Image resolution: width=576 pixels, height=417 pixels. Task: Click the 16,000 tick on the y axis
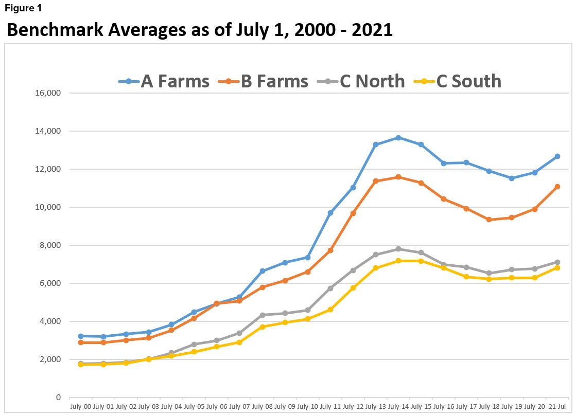click(x=47, y=93)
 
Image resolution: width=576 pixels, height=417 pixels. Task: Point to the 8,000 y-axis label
click(x=49, y=245)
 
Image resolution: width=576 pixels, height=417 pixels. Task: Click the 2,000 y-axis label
click(x=49, y=359)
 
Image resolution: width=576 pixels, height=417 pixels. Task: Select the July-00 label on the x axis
click(x=80, y=407)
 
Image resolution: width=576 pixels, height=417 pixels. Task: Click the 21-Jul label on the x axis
click(x=557, y=407)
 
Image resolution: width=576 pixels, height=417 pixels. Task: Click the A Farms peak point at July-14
click(x=398, y=138)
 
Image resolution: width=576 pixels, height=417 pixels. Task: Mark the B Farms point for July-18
click(x=488, y=220)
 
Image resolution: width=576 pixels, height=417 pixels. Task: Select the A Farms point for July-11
click(x=330, y=213)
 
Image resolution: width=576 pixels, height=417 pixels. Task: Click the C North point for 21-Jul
click(x=557, y=262)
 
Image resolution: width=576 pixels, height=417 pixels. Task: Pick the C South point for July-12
click(x=353, y=288)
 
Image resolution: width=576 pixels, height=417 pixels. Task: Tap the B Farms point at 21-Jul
click(x=557, y=187)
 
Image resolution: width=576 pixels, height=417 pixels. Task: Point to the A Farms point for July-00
click(x=80, y=336)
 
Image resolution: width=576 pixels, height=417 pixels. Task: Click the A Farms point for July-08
click(x=262, y=271)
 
